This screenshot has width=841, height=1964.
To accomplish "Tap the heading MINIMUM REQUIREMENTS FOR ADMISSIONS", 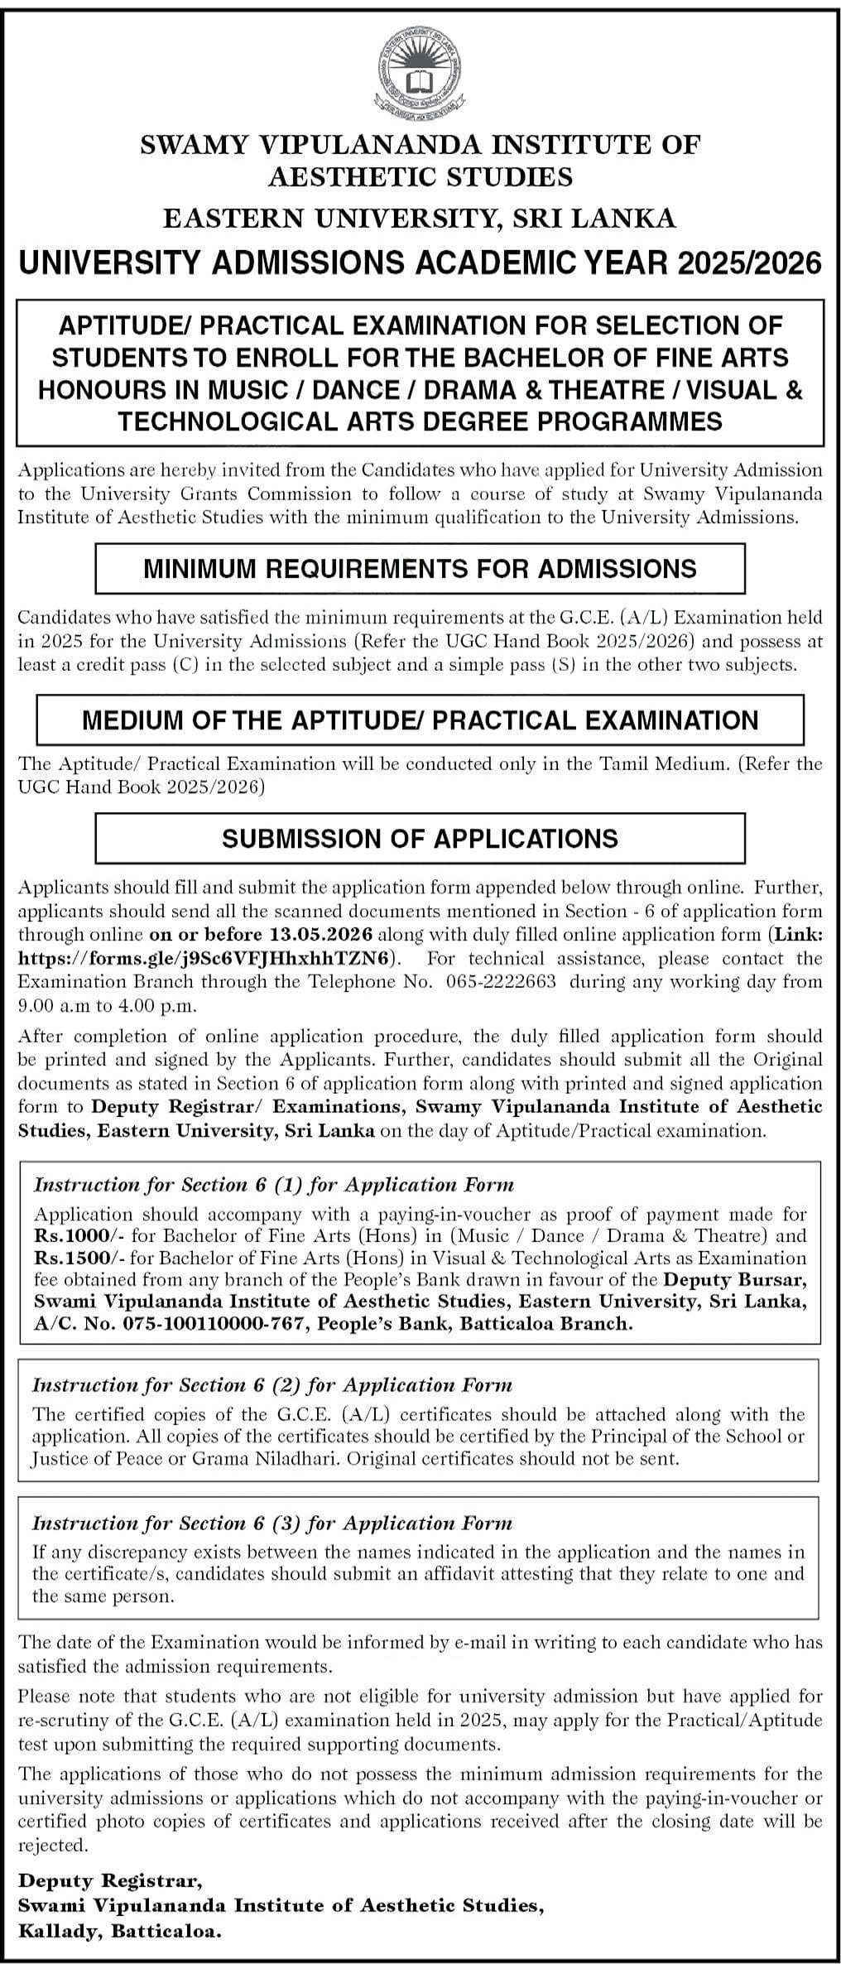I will coord(420,568).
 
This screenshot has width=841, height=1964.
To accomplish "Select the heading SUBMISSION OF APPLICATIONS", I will coord(420,838).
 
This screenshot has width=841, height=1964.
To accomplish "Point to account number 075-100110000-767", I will coord(192,1323).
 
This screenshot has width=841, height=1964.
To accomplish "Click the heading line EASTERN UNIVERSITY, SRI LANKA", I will coord(420,218).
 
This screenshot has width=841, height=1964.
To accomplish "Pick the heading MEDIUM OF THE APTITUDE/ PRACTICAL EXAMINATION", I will coord(420,720).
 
